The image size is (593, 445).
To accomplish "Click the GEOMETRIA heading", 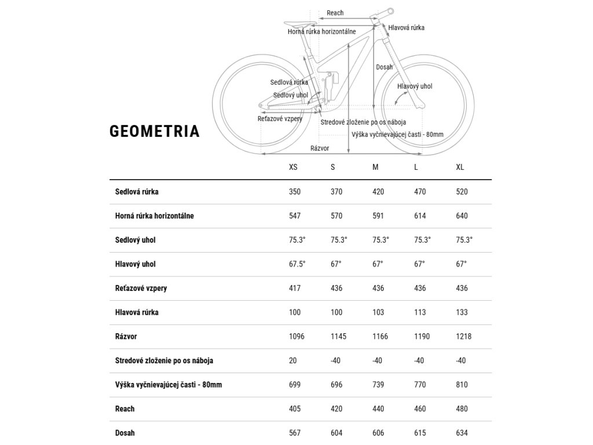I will pyautogui.click(x=155, y=132).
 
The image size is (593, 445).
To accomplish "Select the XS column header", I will pyautogui.click(x=293, y=167).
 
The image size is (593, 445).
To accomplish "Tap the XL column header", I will pyautogui.click(x=460, y=167).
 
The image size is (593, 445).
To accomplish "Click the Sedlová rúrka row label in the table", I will pyautogui.click(x=137, y=192).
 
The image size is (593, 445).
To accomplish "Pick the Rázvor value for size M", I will pyautogui.click(x=380, y=336).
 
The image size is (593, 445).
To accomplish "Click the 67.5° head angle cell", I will pyautogui.click(x=297, y=264).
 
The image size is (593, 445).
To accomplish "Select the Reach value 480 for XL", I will pyautogui.click(x=462, y=408).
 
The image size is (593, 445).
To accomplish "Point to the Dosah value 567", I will pyautogui.click(x=295, y=433).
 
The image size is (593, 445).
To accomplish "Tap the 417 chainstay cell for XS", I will pyautogui.click(x=295, y=288).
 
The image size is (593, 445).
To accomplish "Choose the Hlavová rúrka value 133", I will pyautogui.click(x=462, y=312).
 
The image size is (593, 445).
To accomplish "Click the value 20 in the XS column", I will pyautogui.click(x=292, y=360).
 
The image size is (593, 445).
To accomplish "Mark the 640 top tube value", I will pyautogui.click(x=462, y=216).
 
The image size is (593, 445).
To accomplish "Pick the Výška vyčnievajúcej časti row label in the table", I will pyautogui.click(x=169, y=385).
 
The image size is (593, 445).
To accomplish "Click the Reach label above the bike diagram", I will pyautogui.click(x=335, y=13).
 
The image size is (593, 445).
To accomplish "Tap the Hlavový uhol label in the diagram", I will pyautogui.click(x=415, y=86).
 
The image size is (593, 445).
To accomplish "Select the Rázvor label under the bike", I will pyautogui.click(x=320, y=148).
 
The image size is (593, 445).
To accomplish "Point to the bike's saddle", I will pyautogui.click(x=300, y=24).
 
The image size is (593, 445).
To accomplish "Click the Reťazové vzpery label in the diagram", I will pyautogui.click(x=280, y=118).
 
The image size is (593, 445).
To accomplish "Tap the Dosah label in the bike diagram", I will pyautogui.click(x=384, y=67).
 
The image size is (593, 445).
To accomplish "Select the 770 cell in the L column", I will pyautogui.click(x=420, y=385).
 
